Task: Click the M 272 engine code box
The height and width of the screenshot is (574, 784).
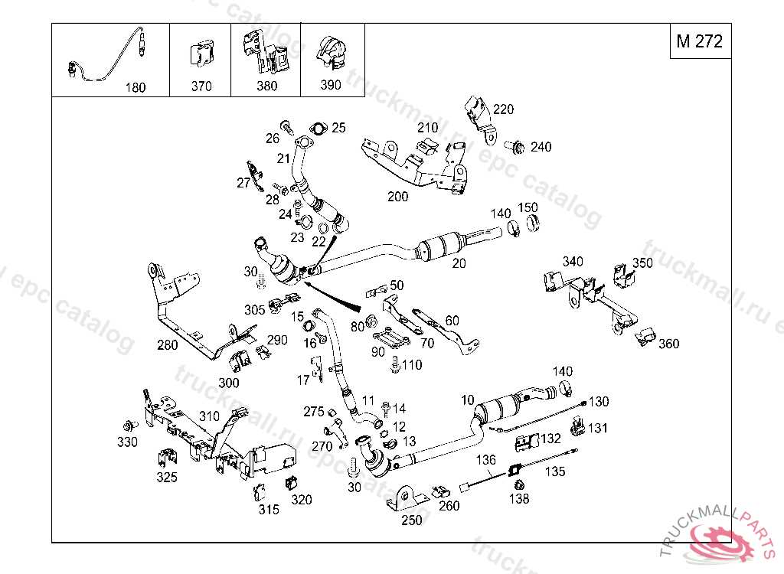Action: (699, 41)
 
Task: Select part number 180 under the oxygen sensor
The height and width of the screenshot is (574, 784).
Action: (135, 88)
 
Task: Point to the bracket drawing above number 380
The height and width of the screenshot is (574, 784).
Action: (264, 51)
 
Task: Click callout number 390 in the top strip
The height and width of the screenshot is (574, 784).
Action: (330, 85)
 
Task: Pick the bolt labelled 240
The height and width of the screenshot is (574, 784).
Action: (514, 145)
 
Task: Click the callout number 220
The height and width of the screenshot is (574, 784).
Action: (503, 109)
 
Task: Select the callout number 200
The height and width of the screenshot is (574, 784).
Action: (397, 197)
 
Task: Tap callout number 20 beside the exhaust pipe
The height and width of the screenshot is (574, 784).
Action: (459, 263)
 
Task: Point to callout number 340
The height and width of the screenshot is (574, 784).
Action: (572, 262)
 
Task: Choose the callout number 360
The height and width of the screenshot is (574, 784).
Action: (668, 344)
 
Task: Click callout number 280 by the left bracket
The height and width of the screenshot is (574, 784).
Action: (167, 345)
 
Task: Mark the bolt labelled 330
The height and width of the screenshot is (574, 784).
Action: (127, 426)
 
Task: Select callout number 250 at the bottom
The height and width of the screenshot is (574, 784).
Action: (412, 520)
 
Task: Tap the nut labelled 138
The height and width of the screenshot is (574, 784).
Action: (519, 484)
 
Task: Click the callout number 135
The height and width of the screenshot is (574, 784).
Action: (555, 472)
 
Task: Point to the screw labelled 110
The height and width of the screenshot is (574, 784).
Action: (394, 365)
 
